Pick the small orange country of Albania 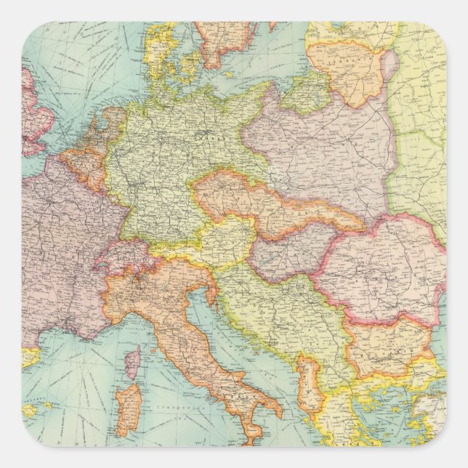coord(309,382)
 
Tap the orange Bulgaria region coord(385,345)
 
